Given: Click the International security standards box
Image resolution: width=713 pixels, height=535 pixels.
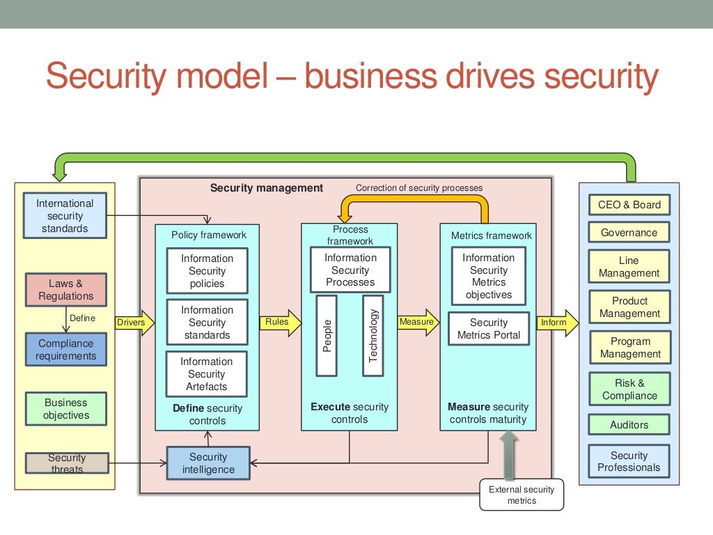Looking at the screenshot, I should click(x=65, y=216).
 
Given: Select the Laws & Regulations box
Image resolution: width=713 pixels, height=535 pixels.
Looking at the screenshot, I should click(x=66, y=290).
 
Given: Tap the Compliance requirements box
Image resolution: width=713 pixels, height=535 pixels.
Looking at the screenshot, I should click(x=66, y=350).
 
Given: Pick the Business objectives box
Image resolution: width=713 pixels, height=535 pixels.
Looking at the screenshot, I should click(x=66, y=409).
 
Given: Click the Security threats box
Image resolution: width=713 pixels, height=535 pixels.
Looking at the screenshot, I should click(x=67, y=463).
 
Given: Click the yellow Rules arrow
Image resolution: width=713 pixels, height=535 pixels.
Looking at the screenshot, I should click(x=281, y=323).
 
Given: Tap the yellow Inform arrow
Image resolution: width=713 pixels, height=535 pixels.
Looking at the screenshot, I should click(x=557, y=323).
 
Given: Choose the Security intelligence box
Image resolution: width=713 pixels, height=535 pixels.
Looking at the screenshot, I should click(x=208, y=463).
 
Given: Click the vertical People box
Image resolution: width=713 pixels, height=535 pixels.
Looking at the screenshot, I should click(x=326, y=335).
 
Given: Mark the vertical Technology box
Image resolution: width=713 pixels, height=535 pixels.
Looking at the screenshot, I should click(x=373, y=335).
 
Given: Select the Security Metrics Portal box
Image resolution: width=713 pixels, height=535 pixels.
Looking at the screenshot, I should click(x=489, y=329).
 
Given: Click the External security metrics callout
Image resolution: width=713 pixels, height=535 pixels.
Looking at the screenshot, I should click(x=522, y=495).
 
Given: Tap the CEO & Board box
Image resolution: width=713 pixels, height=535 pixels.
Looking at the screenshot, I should click(x=629, y=205).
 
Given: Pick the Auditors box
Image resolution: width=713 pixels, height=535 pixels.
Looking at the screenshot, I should click(x=629, y=424).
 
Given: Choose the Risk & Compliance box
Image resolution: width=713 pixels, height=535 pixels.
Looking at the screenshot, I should click(x=629, y=389).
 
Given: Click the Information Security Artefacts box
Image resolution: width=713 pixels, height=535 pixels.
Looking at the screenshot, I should click(x=207, y=374).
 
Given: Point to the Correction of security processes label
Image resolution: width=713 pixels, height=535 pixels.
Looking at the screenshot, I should click(x=418, y=188).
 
